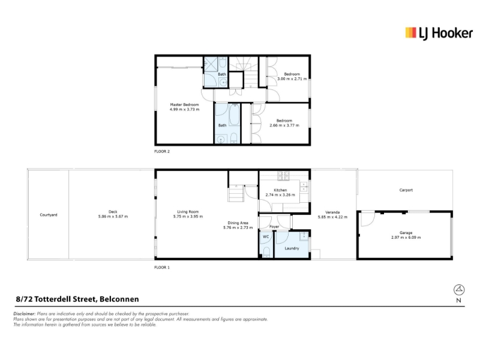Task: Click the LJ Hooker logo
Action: pyautogui.click(x=439, y=34)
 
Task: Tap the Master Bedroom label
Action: pyautogui.click(x=184, y=104)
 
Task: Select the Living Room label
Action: pyautogui.click(x=188, y=212)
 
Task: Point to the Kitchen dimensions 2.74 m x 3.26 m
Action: pyautogui.click(x=280, y=194)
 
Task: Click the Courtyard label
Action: pyautogui.click(x=49, y=215)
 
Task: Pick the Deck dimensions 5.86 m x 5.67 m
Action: pyautogui.click(x=113, y=217)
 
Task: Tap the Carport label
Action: pyautogui.click(x=406, y=190)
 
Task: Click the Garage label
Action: pyautogui.click(x=406, y=233)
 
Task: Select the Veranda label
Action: pyautogui.click(x=332, y=212)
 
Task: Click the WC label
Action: pyautogui.click(x=266, y=236)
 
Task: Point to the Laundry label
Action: pyautogui.click(x=292, y=248)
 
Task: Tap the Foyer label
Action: pyautogui.click(x=274, y=227)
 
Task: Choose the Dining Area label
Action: pyautogui.click(x=238, y=223)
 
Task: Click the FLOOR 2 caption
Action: pyautogui.click(x=162, y=151)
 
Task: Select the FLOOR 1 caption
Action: pyautogui.click(x=162, y=267)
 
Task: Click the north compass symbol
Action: pyautogui.click(x=459, y=290)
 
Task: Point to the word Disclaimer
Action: pyautogui.click(x=25, y=314)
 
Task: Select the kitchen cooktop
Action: pyautogui.click(x=283, y=175)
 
